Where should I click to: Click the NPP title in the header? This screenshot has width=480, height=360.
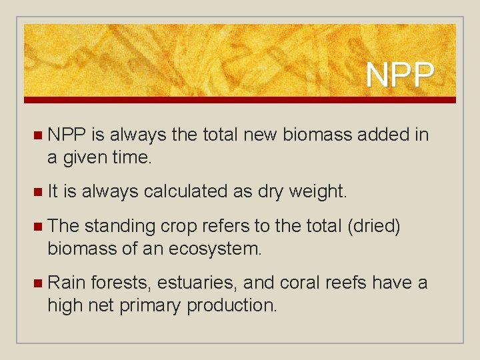pyautogui.click(x=400, y=75)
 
